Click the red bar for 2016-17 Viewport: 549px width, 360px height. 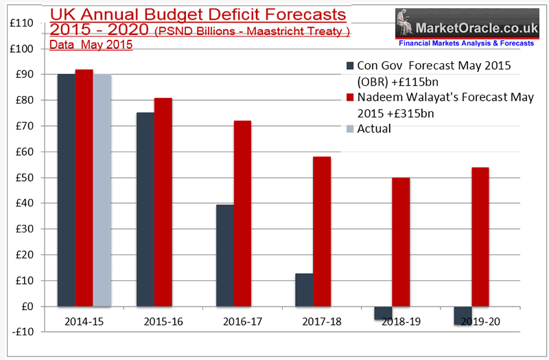pyautogui.click(x=242, y=213)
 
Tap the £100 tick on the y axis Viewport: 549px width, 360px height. pyautogui.click(x=24, y=49)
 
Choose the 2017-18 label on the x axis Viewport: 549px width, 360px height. pyautogui.click(x=313, y=321)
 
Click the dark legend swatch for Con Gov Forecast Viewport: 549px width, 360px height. pyautogui.click(x=349, y=66)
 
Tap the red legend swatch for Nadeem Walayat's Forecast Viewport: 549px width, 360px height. pyautogui.click(x=349, y=97)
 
